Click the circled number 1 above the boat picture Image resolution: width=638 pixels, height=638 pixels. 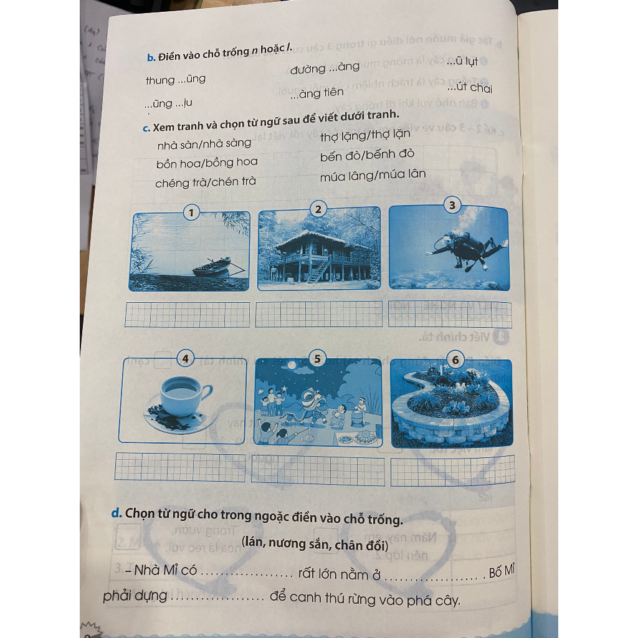(191, 214)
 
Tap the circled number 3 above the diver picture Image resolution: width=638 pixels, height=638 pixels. (452, 205)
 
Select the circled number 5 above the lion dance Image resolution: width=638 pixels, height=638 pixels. (318, 358)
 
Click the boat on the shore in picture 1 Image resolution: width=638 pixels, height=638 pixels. (211, 268)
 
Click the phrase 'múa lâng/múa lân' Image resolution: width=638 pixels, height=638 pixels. (373, 176)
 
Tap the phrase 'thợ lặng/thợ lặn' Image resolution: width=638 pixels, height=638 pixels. (366, 135)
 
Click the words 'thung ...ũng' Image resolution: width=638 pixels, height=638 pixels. (175, 80)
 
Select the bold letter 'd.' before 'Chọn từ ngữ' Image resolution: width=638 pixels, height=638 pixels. (116, 513)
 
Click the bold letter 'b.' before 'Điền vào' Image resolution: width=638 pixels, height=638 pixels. (150, 57)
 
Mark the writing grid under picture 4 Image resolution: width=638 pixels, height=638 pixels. (181, 467)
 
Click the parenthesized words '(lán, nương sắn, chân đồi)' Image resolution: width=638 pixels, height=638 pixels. (315, 545)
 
